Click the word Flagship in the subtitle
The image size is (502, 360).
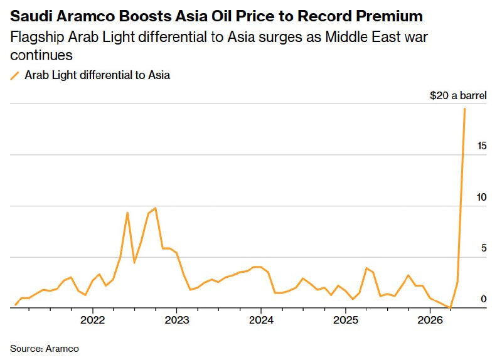tap(34, 37)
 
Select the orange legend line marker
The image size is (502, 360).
tap(15, 76)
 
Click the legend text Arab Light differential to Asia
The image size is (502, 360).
tap(97, 76)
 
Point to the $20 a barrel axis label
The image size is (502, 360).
tap(458, 96)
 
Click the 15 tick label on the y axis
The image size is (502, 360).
tap(482, 146)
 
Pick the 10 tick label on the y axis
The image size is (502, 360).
tap(482, 197)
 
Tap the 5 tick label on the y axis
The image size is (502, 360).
tap(484, 248)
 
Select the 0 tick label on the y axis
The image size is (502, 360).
tap(484, 299)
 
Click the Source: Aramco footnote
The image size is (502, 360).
tap(45, 348)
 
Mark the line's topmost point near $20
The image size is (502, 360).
tap(464, 109)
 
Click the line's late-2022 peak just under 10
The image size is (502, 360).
tap(155, 208)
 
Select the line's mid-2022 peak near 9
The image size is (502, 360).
tap(127, 213)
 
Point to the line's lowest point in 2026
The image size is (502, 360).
tap(450, 308)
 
